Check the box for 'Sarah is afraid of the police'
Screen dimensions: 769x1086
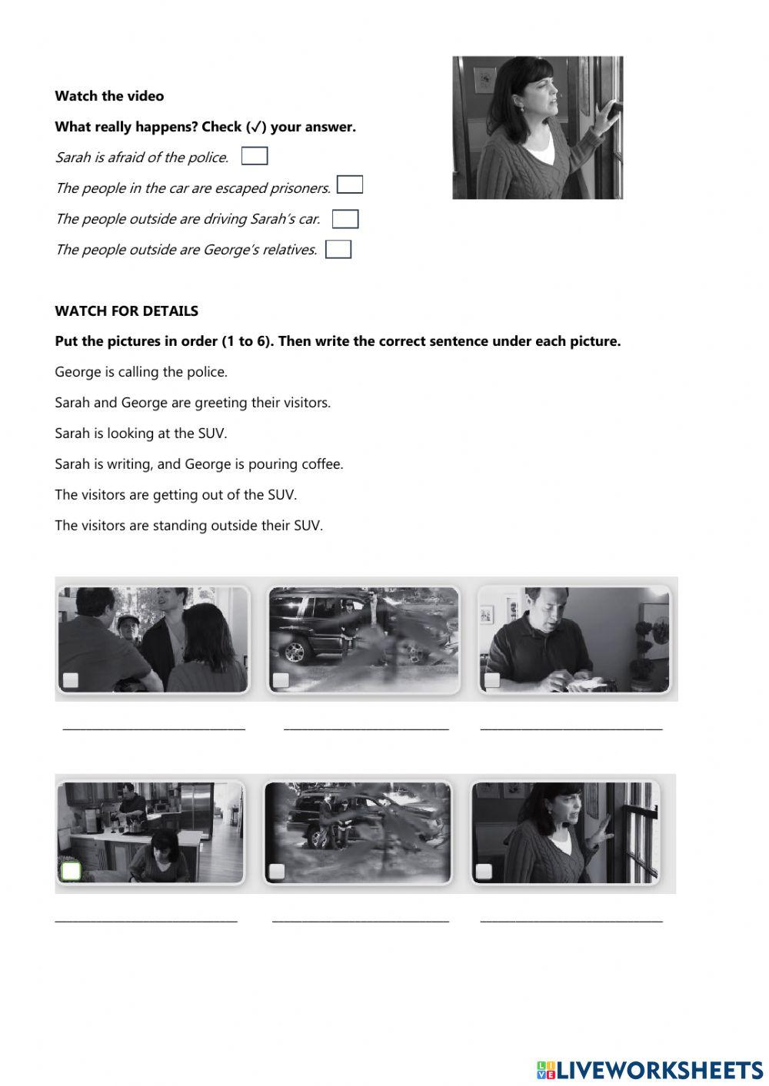[255, 156]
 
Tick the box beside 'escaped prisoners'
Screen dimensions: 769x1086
[350, 184]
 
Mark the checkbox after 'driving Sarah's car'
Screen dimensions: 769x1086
[345, 218]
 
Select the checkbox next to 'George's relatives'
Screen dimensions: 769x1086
[338, 249]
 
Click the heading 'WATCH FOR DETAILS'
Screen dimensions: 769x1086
[127, 311]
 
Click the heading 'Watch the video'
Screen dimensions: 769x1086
[109, 96]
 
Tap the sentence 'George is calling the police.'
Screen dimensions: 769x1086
[141, 372]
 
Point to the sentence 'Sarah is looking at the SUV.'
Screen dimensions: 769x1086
[141, 433]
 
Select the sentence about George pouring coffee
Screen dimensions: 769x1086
[199, 464]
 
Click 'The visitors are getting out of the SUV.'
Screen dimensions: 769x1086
[175, 494]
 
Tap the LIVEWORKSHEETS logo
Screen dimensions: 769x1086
[651, 1071]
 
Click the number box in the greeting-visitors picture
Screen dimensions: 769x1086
[71, 679]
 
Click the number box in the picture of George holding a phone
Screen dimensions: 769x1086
[492, 679]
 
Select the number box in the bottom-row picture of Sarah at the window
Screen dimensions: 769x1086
[484, 872]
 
